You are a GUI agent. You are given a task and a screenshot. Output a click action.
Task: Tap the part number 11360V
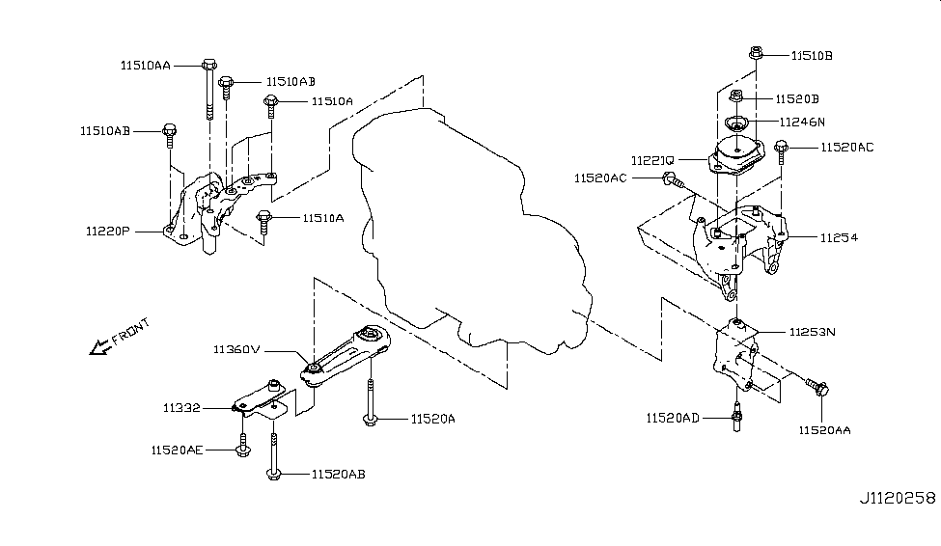pyautogui.click(x=235, y=350)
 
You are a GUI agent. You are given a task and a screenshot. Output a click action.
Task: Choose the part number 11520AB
pyautogui.click(x=338, y=474)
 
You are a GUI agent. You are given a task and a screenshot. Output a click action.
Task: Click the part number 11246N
pyautogui.click(x=802, y=122)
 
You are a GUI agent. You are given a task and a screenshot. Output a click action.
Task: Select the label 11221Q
pyautogui.click(x=654, y=158)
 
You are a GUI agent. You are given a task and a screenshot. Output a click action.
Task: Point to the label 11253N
pyautogui.click(x=812, y=331)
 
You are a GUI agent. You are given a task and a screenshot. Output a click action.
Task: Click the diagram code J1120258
pyautogui.click(x=899, y=498)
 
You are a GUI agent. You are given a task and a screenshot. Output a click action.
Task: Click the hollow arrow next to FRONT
pyautogui.click(x=98, y=346)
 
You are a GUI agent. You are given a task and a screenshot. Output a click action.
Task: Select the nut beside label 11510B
pyautogui.click(x=755, y=54)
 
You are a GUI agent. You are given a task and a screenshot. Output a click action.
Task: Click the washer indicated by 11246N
pyautogui.click(x=736, y=123)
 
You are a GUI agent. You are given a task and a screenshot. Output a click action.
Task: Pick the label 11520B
pyautogui.click(x=797, y=98)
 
